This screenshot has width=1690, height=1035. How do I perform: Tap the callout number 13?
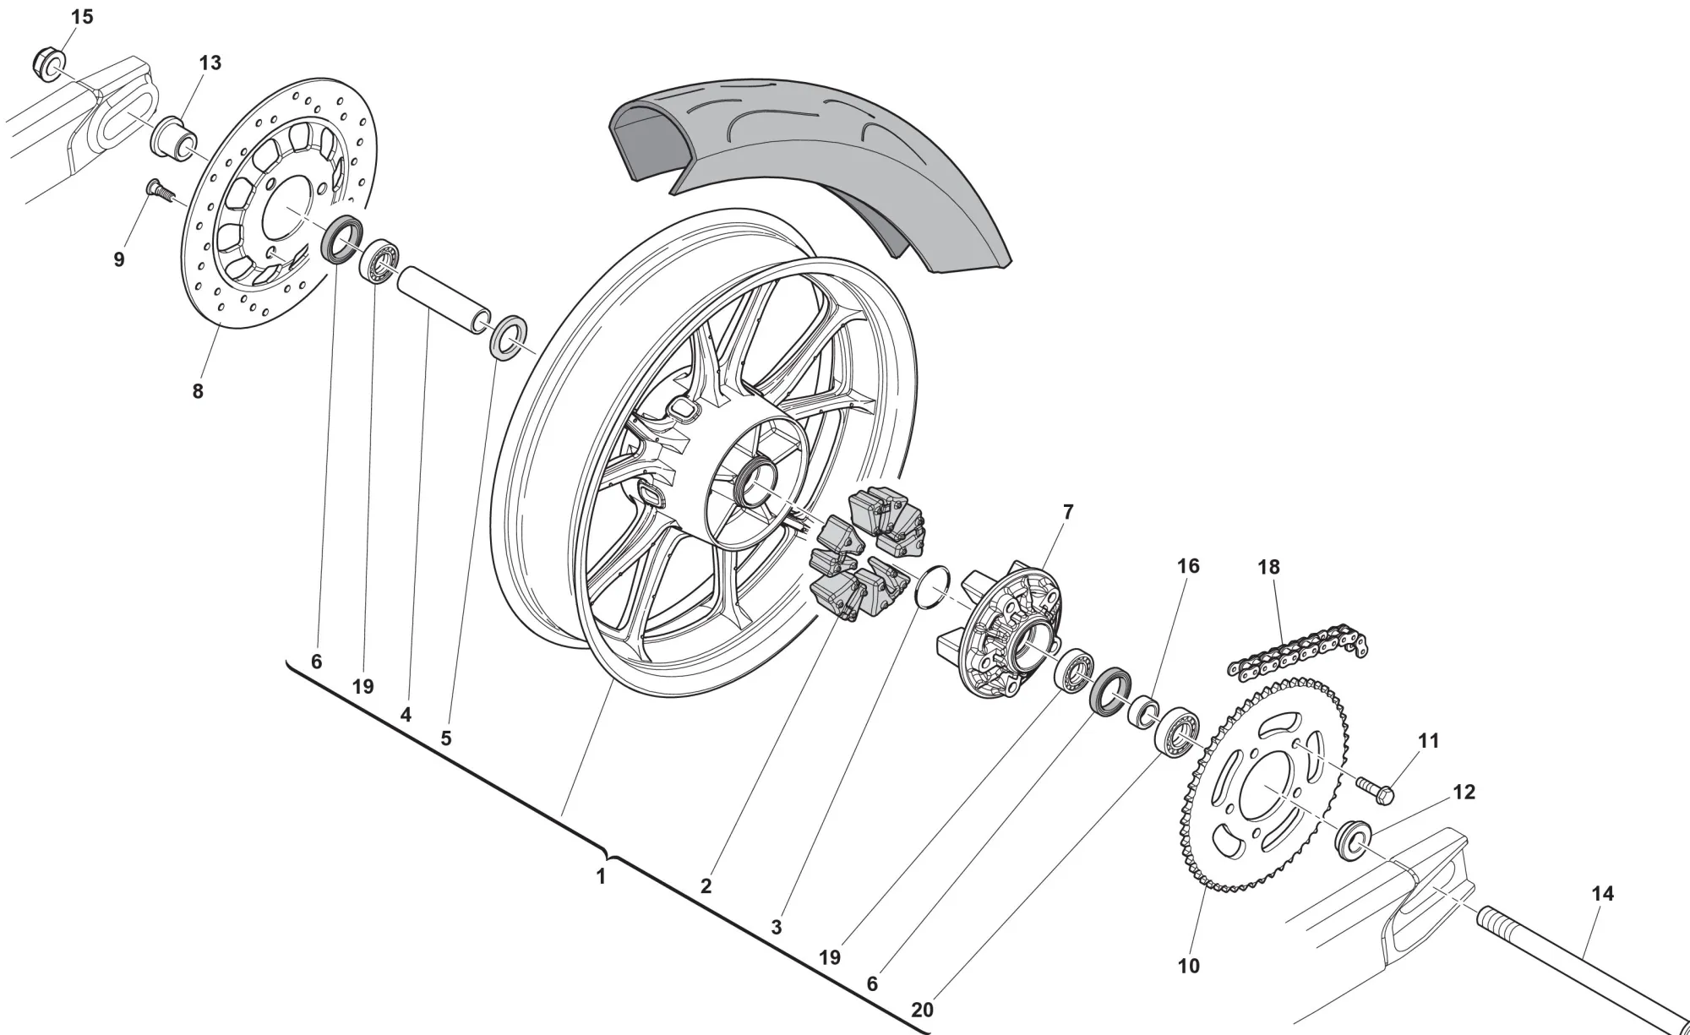pos(210,63)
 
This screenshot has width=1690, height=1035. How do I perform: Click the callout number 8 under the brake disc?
pos(198,391)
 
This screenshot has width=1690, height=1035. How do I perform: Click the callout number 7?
pos(1068,511)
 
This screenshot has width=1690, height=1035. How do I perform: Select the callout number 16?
pos(1188,565)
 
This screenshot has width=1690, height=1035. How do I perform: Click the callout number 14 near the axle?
pos(1602,893)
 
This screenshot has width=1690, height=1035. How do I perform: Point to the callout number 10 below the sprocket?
pos(1188,966)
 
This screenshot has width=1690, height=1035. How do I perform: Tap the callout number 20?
pos(923,1010)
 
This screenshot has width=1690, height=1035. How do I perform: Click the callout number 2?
pos(706,885)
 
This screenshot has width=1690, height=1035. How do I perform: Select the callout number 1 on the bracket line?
pos(601,877)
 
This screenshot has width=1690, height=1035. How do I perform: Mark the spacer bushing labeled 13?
pos(172,135)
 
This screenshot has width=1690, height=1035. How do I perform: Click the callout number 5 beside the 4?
pos(446,738)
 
